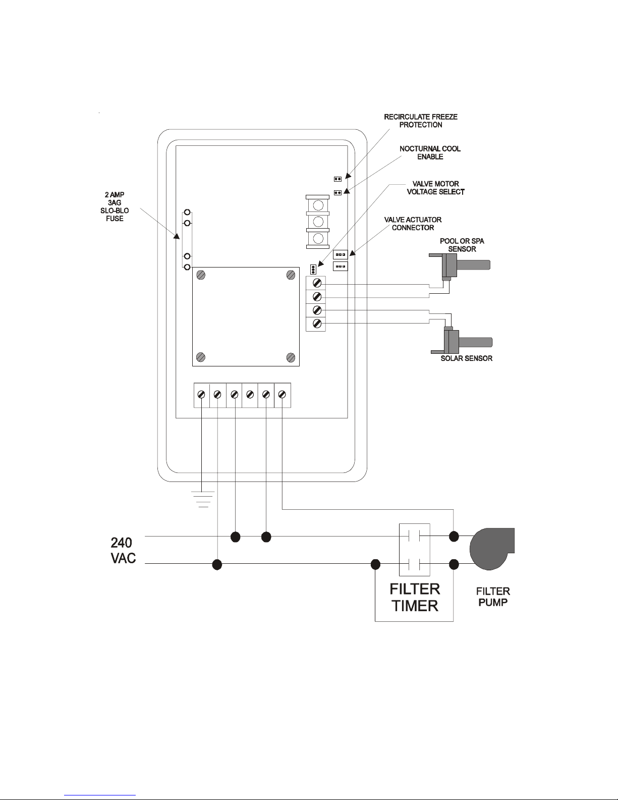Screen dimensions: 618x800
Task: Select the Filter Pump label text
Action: pyautogui.click(x=493, y=597)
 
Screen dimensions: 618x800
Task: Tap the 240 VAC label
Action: pyautogui.click(x=123, y=550)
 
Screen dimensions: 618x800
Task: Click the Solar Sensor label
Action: pyautogui.click(x=467, y=358)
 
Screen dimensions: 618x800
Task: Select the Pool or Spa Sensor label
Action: pyautogui.click(x=462, y=245)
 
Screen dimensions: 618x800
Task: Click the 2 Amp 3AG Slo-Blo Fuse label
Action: pyautogui.click(x=115, y=206)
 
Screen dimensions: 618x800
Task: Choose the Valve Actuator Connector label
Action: pyautogui.click(x=413, y=224)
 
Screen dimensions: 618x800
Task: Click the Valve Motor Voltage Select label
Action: pyautogui.click(x=435, y=188)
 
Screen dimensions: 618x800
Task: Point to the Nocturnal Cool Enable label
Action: pyautogui.click(x=430, y=152)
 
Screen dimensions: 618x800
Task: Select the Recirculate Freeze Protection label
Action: pyautogui.click(x=421, y=121)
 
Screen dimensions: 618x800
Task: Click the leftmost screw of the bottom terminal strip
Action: pyautogui.click(x=201, y=395)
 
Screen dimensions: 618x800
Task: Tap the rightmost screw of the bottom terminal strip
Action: pyautogui.click(x=282, y=395)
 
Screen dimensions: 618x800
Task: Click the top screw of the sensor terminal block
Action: pyautogui.click(x=317, y=283)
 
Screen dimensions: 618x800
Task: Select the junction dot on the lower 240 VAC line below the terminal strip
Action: pyautogui.click(x=217, y=564)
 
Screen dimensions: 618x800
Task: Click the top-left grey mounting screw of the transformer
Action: pyautogui.click(x=201, y=275)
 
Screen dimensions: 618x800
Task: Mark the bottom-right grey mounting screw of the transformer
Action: pyautogui.click(x=291, y=357)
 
